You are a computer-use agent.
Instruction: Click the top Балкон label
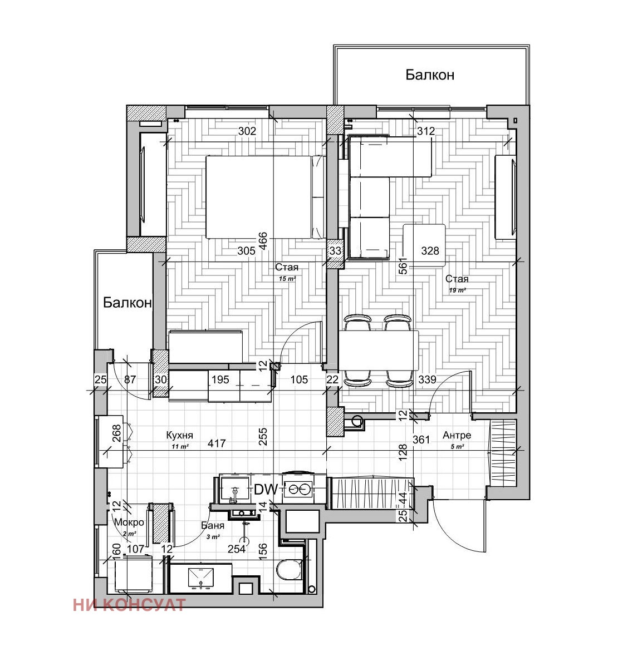pyautogui.click(x=430, y=75)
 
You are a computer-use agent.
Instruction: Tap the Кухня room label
pyautogui.click(x=180, y=435)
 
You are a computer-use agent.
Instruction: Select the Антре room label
pyautogui.click(x=457, y=435)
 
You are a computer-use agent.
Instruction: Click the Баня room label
pyautogui.click(x=213, y=525)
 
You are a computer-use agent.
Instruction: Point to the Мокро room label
pyautogui.click(x=129, y=522)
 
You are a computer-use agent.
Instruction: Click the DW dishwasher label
pyautogui.click(x=266, y=490)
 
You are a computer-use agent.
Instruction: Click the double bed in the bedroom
pyautogui.click(x=264, y=196)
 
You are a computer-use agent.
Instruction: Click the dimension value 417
pyautogui.click(x=217, y=444)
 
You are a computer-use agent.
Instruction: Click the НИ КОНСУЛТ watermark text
pyautogui.click(x=129, y=605)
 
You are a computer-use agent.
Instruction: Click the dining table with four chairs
pyautogui.click(x=379, y=351)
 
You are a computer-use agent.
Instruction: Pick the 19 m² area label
pyautogui.click(x=457, y=290)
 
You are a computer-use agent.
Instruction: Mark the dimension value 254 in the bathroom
pyautogui.click(x=237, y=549)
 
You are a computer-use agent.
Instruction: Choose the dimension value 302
pyautogui.click(x=247, y=131)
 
